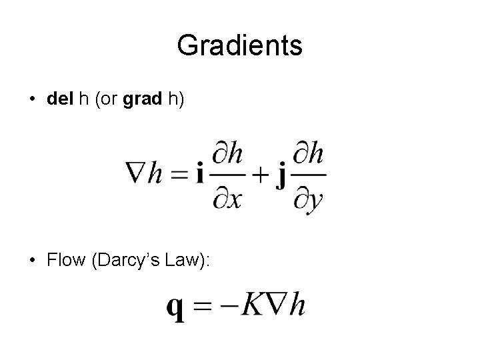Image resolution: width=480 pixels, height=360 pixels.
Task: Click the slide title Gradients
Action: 240,46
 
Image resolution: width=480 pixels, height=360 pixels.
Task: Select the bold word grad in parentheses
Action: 141,99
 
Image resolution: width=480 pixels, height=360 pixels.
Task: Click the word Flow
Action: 64,261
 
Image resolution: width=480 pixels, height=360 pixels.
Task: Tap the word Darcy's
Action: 127,261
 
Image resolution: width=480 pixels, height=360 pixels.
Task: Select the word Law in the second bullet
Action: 183,261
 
